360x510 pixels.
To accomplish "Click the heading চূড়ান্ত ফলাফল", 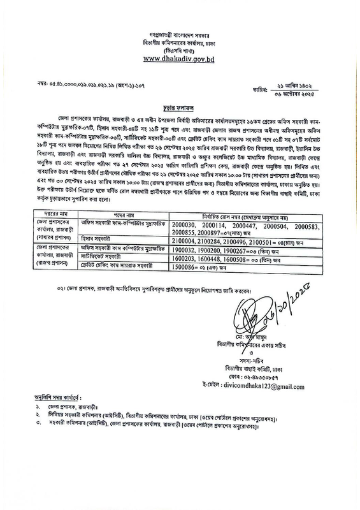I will tap(180, 108).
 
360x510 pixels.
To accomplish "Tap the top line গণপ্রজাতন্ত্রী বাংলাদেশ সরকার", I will tap(180, 31).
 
